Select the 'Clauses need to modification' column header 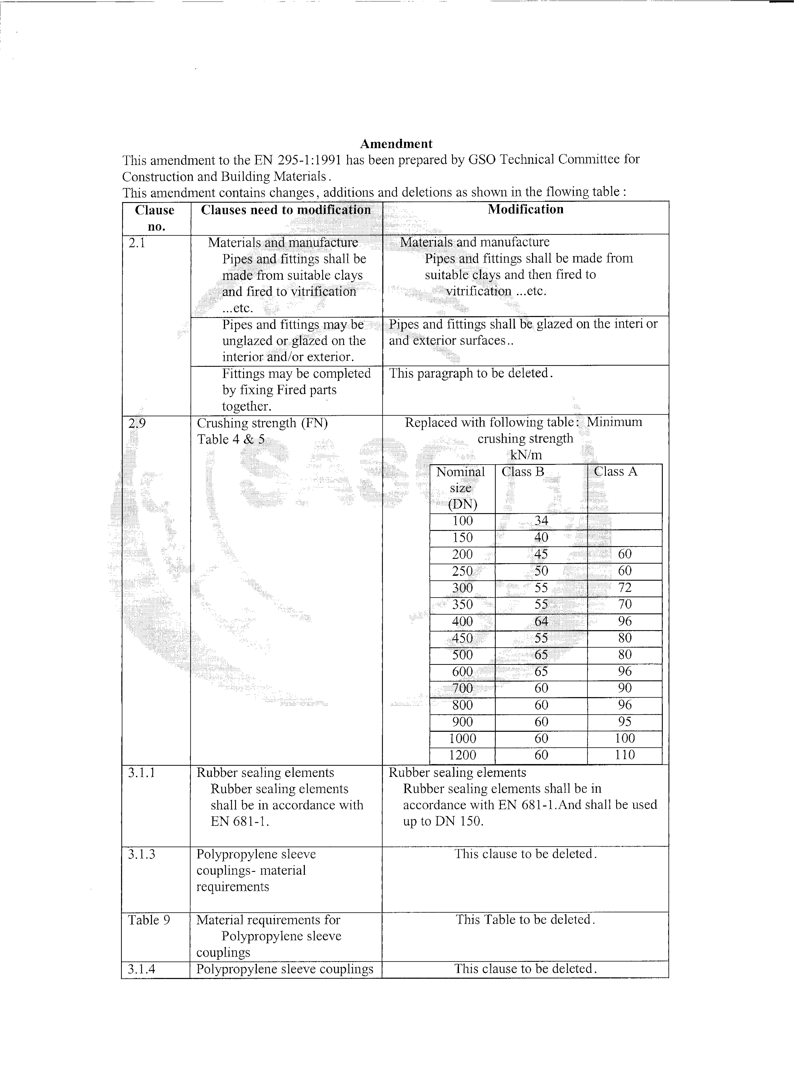[286, 210]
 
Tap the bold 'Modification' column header [525, 209]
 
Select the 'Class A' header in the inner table [615, 472]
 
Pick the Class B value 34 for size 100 [541, 521]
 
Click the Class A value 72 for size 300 [625, 588]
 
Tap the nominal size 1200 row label [462, 755]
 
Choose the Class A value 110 [625, 755]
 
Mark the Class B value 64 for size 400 [541, 622]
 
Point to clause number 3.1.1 [142, 773]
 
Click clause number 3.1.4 [142, 969]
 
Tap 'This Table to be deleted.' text [525, 920]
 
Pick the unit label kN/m [525, 455]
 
